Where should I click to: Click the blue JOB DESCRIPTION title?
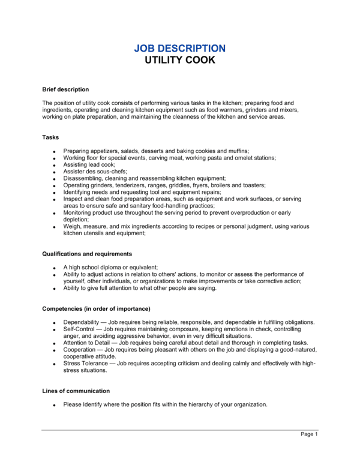point(179,48)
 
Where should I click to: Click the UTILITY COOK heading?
point(179,60)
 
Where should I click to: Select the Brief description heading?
point(65,89)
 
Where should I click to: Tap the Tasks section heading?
point(50,137)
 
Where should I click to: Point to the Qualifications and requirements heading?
point(87,254)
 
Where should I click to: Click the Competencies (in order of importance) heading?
point(96,308)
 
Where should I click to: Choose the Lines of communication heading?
point(76,391)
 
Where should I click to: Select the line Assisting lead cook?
point(89,164)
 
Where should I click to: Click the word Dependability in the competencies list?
point(84,322)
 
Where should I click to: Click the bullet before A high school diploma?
point(54,268)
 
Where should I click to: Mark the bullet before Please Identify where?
point(54,406)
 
